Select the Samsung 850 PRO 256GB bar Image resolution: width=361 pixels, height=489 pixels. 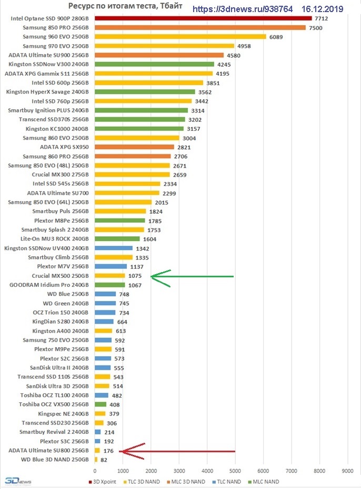(x=200, y=27)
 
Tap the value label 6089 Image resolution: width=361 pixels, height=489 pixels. (x=276, y=37)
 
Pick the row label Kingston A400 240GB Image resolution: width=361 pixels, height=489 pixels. (x=61, y=331)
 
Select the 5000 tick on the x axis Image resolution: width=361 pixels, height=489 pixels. (x=235, y=470)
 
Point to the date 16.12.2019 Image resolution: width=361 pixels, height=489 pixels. (x=323, y=9)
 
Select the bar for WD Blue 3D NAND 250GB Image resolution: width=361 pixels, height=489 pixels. (x=96, y=460)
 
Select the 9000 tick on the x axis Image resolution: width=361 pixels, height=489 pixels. (x=347, y=470)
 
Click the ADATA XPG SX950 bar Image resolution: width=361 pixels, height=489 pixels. (x=134, y=147)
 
